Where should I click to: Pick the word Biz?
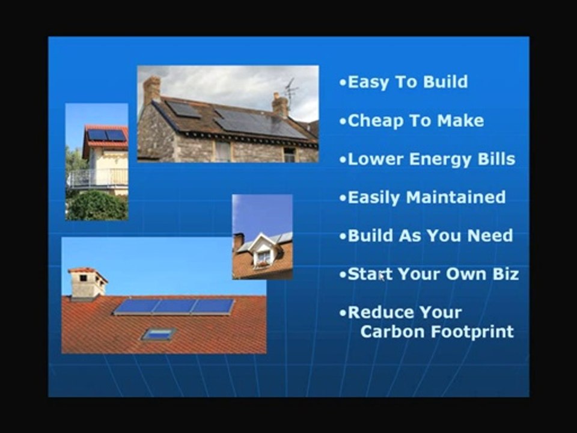click(504, 274)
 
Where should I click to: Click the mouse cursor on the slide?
click(382, 277)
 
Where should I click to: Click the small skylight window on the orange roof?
click(158, 334)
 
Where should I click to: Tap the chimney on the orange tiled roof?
click(87, 284)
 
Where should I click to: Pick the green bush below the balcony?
click(96, 206)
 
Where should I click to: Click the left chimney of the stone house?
click(151, 90)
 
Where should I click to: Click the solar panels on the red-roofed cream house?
click(106, 135)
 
